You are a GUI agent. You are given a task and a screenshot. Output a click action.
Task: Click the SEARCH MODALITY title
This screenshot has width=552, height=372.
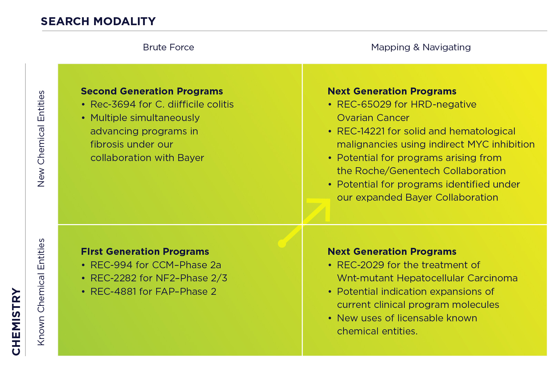click(x=98, y=21)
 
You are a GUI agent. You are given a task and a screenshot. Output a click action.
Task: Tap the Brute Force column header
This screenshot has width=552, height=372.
click(x=168, y=47)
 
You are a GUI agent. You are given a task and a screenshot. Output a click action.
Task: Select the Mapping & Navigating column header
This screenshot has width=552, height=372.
click(x=421, y=47)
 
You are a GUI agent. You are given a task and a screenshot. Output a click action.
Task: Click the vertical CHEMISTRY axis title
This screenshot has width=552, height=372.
click(x=16, y=321)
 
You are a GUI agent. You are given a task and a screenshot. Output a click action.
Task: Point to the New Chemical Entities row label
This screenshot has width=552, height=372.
click(x=41, y=139)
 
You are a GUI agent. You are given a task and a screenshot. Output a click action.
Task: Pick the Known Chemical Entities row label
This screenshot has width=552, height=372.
click(x=41, y=292)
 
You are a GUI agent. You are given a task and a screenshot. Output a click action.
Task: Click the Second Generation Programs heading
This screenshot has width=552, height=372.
click(x=152, y=91)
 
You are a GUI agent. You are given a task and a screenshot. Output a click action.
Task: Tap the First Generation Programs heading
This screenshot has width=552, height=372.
click(x=145, y=252)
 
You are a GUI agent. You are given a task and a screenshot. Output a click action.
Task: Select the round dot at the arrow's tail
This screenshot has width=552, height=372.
click(x=282, y=243)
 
